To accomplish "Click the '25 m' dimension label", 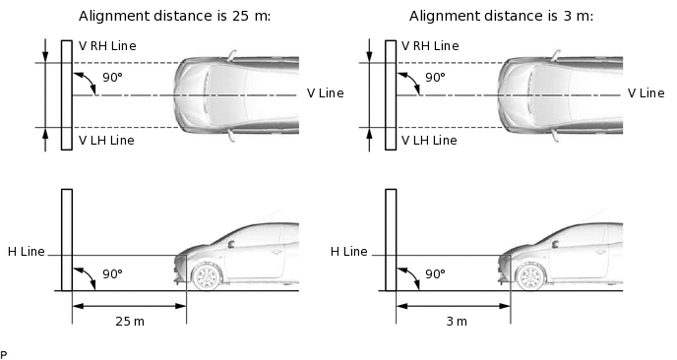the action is click(130, 322).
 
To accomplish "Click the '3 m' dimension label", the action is click(457, 322).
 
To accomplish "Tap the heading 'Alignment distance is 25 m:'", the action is click(174, 16).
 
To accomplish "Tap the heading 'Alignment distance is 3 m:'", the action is click(501, 16).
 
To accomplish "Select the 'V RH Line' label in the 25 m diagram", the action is click(107, 46).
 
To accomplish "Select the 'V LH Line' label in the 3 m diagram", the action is click(429, 141).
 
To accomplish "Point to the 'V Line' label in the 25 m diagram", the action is click(325, 93).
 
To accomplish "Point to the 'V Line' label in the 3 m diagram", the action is click(646, 93).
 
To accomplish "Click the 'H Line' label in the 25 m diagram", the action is click(27, 252).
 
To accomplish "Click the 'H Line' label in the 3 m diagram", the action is click(349, 252).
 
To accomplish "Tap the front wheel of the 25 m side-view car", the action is click(207, 276).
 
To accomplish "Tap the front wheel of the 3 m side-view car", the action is click(530, 276).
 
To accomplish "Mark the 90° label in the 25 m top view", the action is click(113, 78).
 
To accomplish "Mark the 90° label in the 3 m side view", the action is click(435, 274).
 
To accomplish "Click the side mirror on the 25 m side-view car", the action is click(231, 244).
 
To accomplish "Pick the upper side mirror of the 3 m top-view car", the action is click(555, 56).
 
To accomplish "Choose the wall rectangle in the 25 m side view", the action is click(67, 240).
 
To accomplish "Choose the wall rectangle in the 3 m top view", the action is click(391, 95).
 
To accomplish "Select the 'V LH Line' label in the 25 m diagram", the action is click(106, 141).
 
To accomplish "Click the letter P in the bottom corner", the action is click(4, 355).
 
